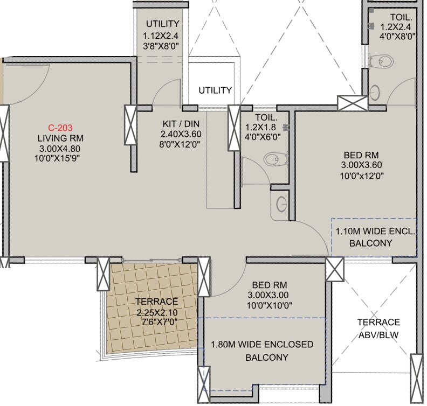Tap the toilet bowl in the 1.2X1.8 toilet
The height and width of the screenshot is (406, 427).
[x=274, y=158]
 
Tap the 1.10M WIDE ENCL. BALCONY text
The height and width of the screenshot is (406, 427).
[x=375, y=237]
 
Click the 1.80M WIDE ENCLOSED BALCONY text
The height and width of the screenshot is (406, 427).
[x=261, y=351]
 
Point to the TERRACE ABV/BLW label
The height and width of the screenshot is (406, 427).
[x=378, y=327]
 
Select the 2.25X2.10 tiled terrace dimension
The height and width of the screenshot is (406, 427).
[x=157, y=312]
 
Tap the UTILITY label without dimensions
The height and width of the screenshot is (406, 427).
[x=215, y=90]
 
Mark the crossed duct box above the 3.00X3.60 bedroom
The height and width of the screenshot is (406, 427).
[x=345, y=102]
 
